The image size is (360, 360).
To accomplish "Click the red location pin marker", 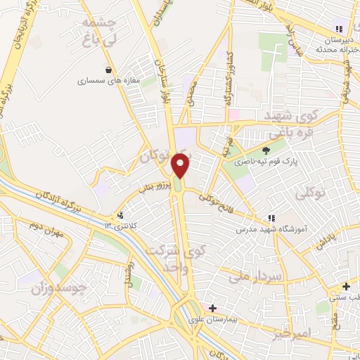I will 181,165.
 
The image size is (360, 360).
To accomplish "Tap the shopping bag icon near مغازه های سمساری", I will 108,70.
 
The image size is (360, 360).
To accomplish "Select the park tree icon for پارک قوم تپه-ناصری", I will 266,150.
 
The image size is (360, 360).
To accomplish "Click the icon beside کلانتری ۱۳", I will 121,215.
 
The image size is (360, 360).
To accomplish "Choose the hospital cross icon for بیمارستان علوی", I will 212,307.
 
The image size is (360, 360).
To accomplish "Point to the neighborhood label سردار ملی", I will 259,277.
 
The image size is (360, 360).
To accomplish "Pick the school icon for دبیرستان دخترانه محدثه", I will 339,29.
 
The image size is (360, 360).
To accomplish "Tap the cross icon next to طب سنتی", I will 346,286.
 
